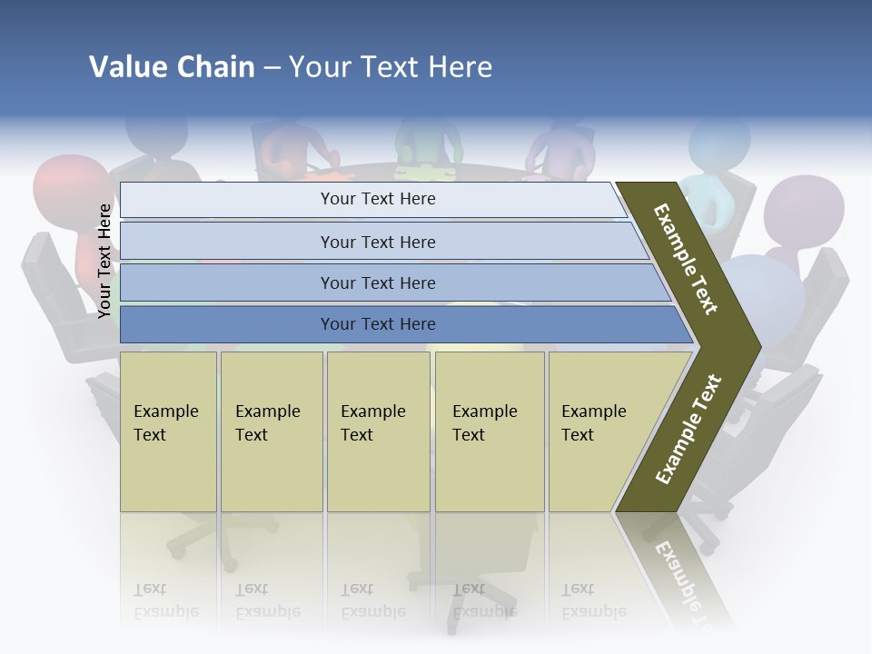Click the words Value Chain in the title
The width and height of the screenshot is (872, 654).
click(172, 67)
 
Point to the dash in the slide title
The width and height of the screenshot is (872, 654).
click(272, 67)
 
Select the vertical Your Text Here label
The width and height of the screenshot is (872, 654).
click(105, 261)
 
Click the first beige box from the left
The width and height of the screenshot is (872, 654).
click(168, 431)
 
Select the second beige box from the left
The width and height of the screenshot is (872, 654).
click(272, 431)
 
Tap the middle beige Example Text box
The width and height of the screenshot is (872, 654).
click(378, 431)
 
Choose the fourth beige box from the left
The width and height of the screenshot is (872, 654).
click(490, 431)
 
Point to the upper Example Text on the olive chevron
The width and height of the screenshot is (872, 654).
click(686, 259)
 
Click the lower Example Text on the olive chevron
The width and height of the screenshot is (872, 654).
click(689, 429)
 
